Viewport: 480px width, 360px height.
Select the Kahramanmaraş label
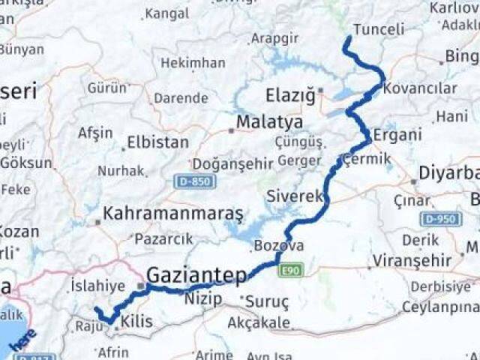pyautogui.click(x=173, y=214)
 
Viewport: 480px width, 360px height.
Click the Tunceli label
pyautogui.click(x=378, y=30)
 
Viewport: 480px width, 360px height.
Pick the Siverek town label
pyautogui.click(x=295, y=197)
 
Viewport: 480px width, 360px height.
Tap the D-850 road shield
pyautogui.click(x=194, y=181)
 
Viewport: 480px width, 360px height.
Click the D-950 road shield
pyautogui.click(x=440, y=219)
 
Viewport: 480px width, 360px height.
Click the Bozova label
pyautogui.click(x=279, y=245)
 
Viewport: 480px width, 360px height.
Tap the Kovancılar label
pyautogui.click(x=420, y=88)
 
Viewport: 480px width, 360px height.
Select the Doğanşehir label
pyautogui.click(x=226, y=163)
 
